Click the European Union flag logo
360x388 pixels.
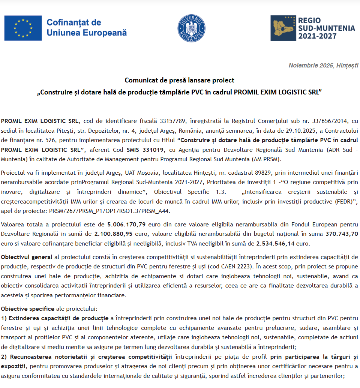[x=23, y=28]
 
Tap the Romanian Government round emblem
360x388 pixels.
[x=191, y=28]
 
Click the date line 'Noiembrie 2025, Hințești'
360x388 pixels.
[x=323, y=65]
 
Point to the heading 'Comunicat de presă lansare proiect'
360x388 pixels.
[x=180, y=80]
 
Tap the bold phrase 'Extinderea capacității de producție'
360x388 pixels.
[x=56, y=319]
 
